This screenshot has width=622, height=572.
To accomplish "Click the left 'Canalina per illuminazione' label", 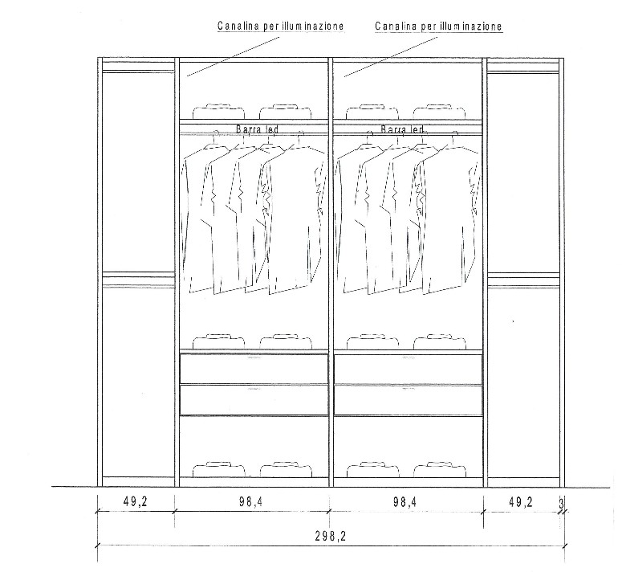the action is pos(280,27).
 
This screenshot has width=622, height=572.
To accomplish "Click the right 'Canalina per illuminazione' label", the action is pos(439,27).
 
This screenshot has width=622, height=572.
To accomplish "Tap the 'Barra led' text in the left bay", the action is pos(258,129).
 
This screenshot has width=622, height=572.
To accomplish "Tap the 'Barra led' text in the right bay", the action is pos(402,129).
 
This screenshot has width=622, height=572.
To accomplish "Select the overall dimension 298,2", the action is pos(331,537).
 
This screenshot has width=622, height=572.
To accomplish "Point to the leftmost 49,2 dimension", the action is pos(136,502).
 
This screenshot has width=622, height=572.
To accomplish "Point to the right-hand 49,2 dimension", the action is pos(520,502).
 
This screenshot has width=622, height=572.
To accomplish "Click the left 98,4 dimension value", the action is pos(250,502).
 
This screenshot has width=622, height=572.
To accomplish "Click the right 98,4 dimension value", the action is pos(405,502).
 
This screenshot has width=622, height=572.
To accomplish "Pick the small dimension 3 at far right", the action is pos(561,504).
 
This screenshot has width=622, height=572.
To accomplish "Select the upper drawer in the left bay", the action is pos(254,369).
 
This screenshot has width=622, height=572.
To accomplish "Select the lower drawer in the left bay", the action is pos(254,400).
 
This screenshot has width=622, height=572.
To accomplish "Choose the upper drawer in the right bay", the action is pos(409,369).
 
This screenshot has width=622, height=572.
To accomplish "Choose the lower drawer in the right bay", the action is pos(409,400).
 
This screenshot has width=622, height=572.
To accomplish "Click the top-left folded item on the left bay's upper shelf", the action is pos(218,112).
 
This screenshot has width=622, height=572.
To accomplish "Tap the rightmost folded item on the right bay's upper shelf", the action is pos(440,112).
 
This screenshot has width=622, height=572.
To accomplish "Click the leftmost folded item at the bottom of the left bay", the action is pos(218,469).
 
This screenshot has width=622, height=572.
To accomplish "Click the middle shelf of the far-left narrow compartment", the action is pos(138,280).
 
